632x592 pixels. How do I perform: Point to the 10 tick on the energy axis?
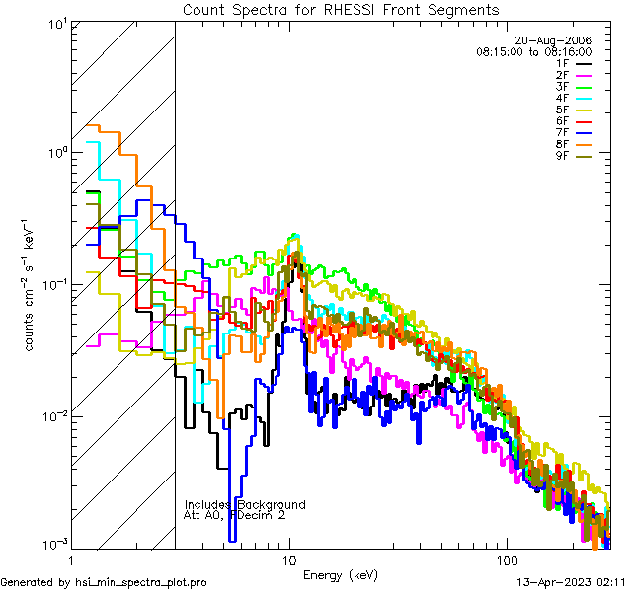(x=289, y=559)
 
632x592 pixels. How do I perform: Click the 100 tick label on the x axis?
(x=506, y=559)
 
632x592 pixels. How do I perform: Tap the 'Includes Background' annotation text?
(x=245, y=505)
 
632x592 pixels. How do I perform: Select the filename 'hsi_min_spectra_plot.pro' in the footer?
(x=141, y=583)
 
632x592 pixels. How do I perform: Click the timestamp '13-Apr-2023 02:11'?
(x=567, y=583)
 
